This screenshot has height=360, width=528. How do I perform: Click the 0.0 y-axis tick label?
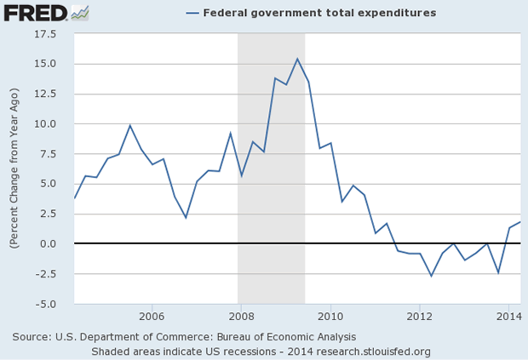pos(48,243)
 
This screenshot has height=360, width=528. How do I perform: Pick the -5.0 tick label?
pos(46,304)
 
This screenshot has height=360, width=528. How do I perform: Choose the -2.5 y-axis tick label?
pos(46,273)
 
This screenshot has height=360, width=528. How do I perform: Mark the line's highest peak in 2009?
pos(297,59)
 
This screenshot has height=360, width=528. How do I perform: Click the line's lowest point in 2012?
pos(432,276)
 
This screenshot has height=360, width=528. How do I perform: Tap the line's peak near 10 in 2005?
pos(130,125)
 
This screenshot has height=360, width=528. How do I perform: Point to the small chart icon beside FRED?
pos(79,13)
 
